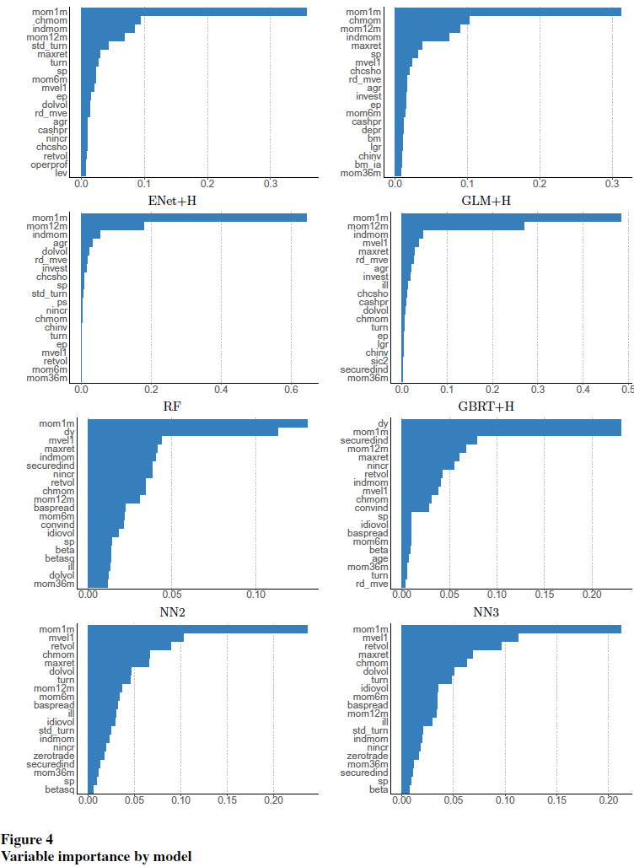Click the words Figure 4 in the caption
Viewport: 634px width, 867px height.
tap(27, 840)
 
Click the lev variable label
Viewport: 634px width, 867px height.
tap(60, 173)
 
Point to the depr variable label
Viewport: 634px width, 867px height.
tap(372, 130)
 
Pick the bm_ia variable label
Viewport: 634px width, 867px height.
tap(368, 164)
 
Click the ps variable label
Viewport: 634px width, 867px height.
tap(62, 302)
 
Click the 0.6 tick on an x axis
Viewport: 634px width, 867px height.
tap(292, 390)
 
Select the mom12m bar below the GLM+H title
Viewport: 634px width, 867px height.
tap(463, 226)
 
